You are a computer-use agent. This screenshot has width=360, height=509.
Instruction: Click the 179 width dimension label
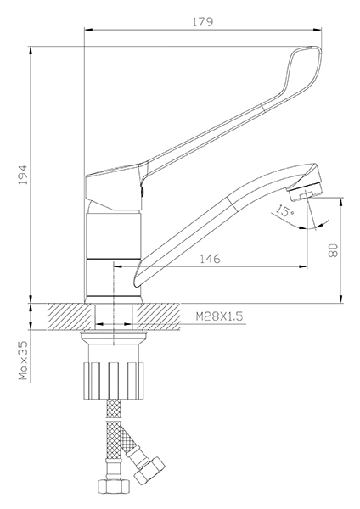pyautogui.click(x=203, y=22)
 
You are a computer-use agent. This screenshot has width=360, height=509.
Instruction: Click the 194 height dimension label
pyautogui.click(x=24, y=175)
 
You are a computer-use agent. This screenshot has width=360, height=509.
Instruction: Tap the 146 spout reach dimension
pyautogui.click(x=210, y=259)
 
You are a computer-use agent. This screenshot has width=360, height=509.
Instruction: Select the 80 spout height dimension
pyautogui.click(x=334, y=249)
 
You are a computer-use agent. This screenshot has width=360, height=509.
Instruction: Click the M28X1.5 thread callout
pyautogui.click(x=219, y=316)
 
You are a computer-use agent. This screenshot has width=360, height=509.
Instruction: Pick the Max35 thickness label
pyautogui.click(x=23, y=361)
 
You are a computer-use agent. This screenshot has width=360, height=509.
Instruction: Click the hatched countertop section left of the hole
pyautogui.click(x=70, y=316)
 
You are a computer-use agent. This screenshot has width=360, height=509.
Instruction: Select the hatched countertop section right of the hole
pyautogui.click(x=158, y=316)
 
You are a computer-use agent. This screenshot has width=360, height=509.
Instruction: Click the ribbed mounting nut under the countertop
pyautogui.click(x=114, y=380)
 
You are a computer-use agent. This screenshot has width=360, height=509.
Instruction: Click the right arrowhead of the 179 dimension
pyautogui.click(x=318, y=30)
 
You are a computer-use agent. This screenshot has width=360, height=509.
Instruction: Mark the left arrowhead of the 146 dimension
pyautogui.click(x=117, y=266)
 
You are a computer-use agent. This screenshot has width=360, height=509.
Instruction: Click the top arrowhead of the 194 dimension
pyautogui.click(x=31, y=51)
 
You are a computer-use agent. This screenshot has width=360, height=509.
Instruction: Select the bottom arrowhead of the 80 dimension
pyautogui.click(x=340, y=299)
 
